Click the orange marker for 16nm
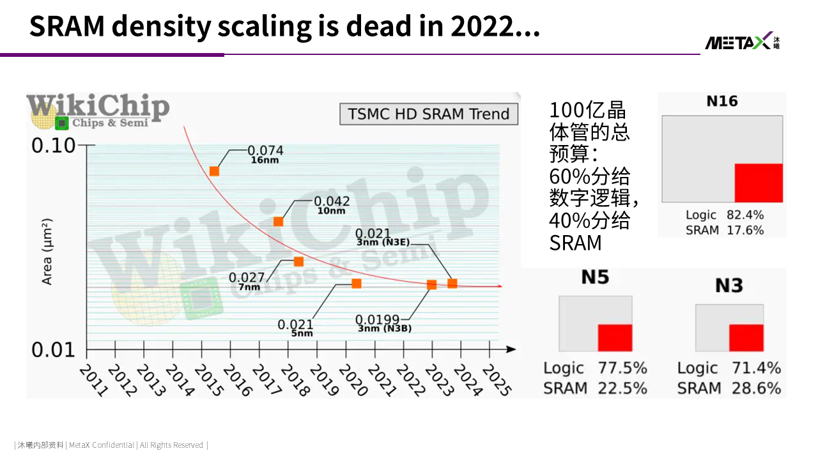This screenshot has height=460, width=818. [214, 171]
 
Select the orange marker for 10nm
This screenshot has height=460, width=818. [278, 222]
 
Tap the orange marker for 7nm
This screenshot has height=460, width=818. [298, 261]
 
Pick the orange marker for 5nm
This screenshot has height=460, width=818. [357, 283]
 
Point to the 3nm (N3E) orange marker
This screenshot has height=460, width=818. [452, 283]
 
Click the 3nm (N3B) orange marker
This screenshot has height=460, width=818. [431, 285]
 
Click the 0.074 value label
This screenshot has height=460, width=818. [265, 150]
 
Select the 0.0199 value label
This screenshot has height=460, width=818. [377, 319]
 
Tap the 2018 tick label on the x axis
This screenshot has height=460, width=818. [295, 380]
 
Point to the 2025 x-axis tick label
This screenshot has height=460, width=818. [497, 380]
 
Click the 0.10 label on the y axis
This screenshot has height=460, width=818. [53, 145]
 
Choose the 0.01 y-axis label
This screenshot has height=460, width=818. [53, 349]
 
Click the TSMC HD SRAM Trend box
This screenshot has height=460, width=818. [429, 114]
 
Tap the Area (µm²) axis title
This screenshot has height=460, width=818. [47, 252]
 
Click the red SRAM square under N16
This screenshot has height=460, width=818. [759, 183]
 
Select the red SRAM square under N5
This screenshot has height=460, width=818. [615, 338]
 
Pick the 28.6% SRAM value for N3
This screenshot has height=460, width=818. [756, 388]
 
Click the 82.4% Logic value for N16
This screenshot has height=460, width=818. [745, 215]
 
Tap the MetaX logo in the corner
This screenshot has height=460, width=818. [742, 42]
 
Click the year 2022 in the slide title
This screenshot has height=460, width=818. [481, 26]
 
